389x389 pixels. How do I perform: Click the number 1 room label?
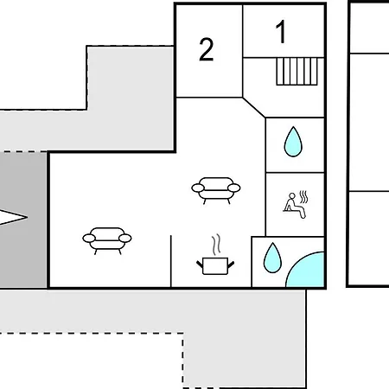pos(281,32)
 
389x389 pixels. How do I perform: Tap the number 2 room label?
pos(207,49)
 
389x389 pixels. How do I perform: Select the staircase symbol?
pos(297,72)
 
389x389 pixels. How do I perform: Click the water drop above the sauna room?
pos(293,142)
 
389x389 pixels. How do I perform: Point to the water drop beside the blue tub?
pos(272,258)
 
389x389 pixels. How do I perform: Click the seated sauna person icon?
pos(296,205)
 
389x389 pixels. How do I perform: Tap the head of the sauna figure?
pos(292,196)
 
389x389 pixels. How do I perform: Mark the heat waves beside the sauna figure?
pos(303,197)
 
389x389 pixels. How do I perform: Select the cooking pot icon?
pos(215,265)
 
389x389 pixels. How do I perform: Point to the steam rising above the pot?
pos(216,245)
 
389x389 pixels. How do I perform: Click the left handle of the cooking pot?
pos(200,265)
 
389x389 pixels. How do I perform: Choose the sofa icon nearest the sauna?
pos(216,190)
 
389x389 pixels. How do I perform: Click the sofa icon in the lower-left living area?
pos(107,240)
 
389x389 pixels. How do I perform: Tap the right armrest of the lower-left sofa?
pos(125,239)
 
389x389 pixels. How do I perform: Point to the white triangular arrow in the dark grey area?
pos(13,217)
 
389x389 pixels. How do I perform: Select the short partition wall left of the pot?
pos(171,261)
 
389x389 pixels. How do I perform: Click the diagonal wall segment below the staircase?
pos(254,107)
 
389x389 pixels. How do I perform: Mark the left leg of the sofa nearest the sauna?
pos(205,201)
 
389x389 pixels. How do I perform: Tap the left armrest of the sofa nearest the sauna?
pos(198,188)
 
